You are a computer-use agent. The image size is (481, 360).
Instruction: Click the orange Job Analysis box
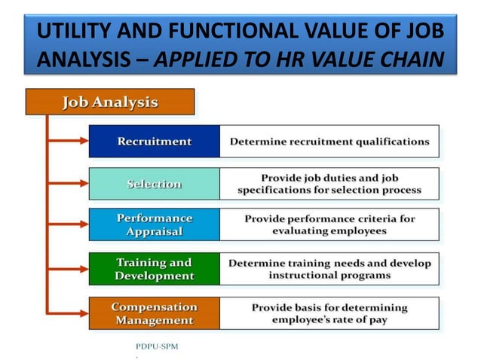click(110, 102)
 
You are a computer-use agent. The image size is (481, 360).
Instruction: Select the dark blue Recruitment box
click(154, 141)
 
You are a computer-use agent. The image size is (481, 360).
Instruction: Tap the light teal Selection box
click(154, 184)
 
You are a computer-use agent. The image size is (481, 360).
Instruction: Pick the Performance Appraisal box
click(154, 224)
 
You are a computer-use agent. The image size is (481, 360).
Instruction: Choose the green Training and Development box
click(154, 269)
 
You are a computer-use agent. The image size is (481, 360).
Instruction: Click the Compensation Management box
click(154, 313)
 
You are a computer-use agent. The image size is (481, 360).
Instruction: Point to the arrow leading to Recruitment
click(68, 141)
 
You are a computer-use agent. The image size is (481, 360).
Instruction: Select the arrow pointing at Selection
click(68, 184)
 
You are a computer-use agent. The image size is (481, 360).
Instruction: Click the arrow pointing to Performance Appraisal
click(68, 224)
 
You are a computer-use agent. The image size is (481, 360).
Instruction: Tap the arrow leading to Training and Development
click(68, 269)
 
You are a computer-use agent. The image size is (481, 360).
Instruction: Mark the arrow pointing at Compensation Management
click(68, 313)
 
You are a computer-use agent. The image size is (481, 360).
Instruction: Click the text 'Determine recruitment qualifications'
click(329, 141)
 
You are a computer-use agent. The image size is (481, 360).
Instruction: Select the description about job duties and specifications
click(329, 184)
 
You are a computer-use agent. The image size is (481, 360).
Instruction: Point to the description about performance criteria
click(329, 224)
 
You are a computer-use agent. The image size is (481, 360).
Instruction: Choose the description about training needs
click(329, 269)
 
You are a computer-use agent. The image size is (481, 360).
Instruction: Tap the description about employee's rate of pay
click(329, 313)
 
